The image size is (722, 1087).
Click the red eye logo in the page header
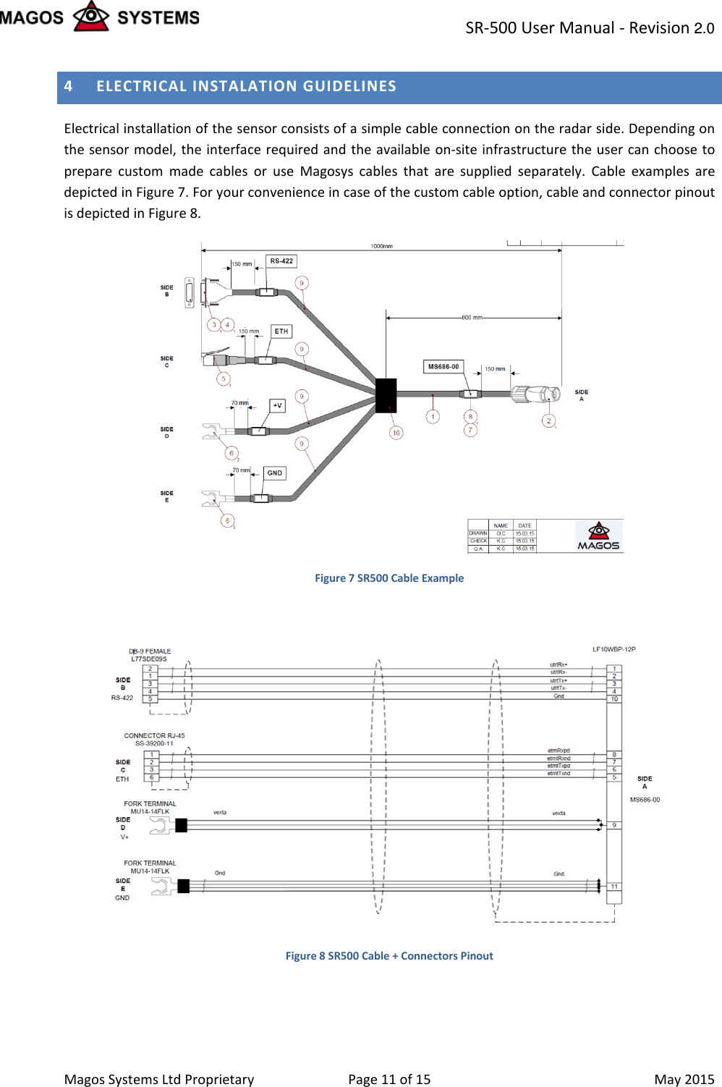click(91, 16)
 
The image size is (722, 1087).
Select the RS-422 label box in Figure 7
click(281, 261)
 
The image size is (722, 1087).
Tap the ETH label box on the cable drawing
click(281, 331)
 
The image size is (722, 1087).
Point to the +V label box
click(277, 405)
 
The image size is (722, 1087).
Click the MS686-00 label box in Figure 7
click(443, 367)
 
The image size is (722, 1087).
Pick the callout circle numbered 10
click(396, 433)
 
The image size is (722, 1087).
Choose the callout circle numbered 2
click(548, 421)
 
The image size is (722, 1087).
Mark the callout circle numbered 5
click(224, 378)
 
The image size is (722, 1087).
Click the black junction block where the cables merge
click(386, 395)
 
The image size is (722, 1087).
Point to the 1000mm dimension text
click(381, 246)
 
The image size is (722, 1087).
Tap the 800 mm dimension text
click(472, 318)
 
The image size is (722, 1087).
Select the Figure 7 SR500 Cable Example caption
click(389, 578)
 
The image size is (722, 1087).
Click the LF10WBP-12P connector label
click(613, 649)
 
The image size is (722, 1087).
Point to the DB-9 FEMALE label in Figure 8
click(150, 651)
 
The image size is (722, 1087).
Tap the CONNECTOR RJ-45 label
click(154, 735)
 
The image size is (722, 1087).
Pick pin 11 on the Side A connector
click(614, 887)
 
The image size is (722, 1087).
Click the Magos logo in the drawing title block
click(598, 536)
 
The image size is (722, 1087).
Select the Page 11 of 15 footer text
click(389, 1079)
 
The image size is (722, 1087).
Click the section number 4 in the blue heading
click(69, 86)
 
